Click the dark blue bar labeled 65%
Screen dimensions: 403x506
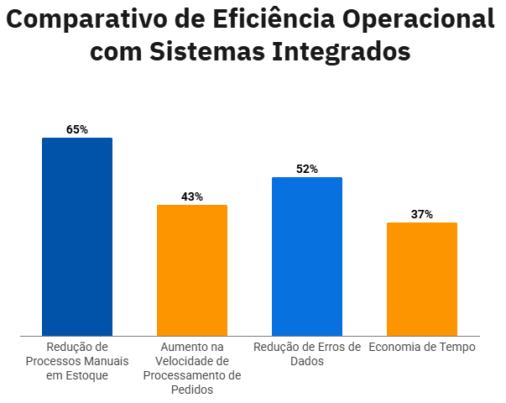[x=77, y=237]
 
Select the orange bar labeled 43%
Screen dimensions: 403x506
[x=192, y=270]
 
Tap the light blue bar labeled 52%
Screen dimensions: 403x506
[x=307, y=256]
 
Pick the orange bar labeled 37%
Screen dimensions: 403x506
[x=422, y=279]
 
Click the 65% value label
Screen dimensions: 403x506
[x=77, y=129]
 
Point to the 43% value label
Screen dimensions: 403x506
[x=192, y=196]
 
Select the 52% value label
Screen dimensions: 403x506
[x=307, y=169]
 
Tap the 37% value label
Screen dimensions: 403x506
[x=422, y=214]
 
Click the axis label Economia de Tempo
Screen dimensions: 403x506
[x=422, y=347]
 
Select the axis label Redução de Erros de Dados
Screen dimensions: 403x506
[x=307, y=353]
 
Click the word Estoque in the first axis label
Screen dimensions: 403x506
[x=88, y=375]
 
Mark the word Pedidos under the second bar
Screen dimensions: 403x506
[x=192, y=390]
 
